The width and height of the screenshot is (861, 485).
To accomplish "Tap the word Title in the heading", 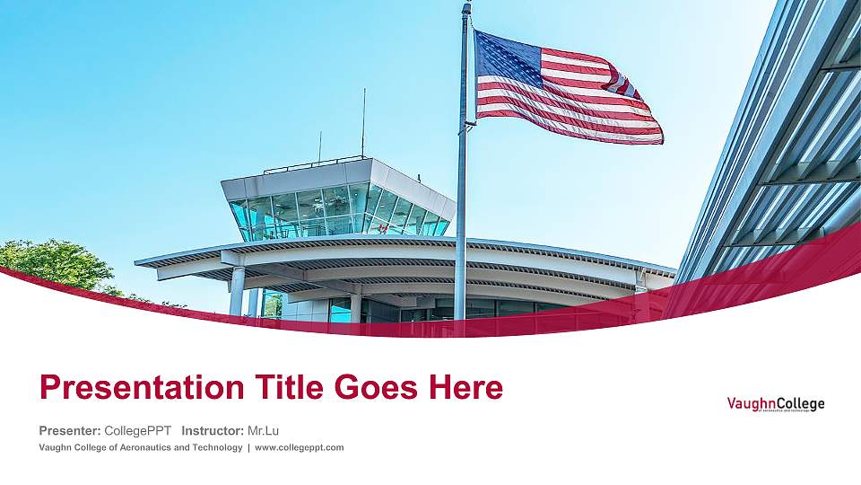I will point(274,388).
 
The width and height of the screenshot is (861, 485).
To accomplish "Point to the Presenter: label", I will point(70,430).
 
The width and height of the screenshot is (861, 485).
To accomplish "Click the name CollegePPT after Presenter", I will point(137,430).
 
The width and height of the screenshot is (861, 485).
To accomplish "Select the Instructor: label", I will point(212,430).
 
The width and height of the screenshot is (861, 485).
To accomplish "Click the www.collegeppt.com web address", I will point(300,447).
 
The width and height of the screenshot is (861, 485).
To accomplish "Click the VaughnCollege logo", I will point(775,405).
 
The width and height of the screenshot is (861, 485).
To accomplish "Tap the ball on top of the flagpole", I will point(466,6).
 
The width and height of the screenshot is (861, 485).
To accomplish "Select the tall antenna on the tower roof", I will point(363,121).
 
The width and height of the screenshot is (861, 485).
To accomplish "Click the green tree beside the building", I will point(54,263).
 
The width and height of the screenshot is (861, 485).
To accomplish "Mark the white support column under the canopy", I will point(237,289).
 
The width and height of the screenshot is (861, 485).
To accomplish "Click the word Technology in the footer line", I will point(215,447).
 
